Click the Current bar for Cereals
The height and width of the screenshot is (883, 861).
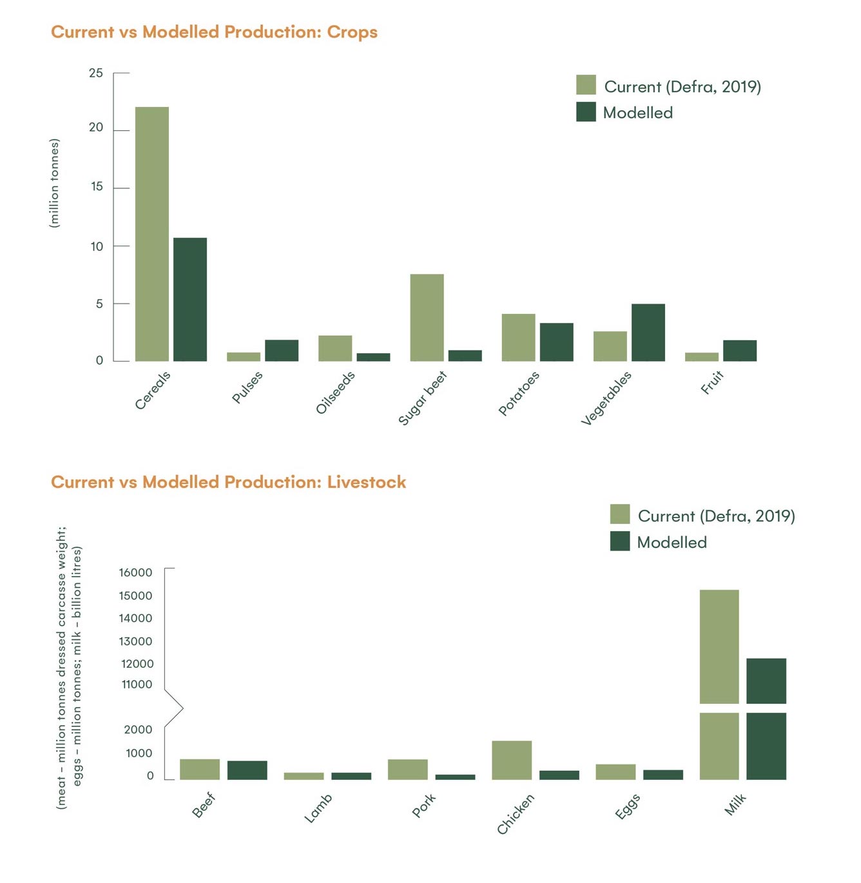pyautogui.click(x=152, y=234)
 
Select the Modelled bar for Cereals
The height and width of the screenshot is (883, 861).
pyautogui.click(x=190, y=300)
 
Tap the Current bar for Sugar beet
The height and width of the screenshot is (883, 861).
pyautogui.click(x=427, y=318)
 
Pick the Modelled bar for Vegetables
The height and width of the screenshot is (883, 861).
pyautogui.click(x=648, y=333)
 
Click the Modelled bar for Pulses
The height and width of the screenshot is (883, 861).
pyautogui.click(x=282, y=351)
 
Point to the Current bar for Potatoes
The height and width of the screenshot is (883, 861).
pyautogui.click(x=518, y=338)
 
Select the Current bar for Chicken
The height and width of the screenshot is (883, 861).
pyautogui.click(x=512, y=761)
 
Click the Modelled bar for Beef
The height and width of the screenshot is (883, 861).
pyautogui.click(x=247, y=770)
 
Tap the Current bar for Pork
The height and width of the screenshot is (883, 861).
pyautogui.click(x=407, y=770)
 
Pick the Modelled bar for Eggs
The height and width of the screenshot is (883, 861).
pyautogui.click(x=663, y=775)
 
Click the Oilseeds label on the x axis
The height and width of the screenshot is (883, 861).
pyautogui.click(x=335, y=393)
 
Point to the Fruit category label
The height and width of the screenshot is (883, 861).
pyautogui.click(x=712, y=382)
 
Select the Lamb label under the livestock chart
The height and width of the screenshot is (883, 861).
pyautogui.click(x=318, y=808)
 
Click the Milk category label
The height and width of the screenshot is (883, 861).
pyautogui.click(x=735, y=804)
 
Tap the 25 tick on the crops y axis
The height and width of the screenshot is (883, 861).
pyautogui.click(x=96, y=73)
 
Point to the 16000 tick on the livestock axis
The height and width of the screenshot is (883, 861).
pyautogui.click(x=135, y=572)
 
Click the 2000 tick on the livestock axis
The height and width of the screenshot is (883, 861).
pyautogui.click(x=138, y=730)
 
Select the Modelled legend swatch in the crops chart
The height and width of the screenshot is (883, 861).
pyautogui.click(x=586, y=112)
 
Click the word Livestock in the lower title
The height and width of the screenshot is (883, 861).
pyautogui.click(x=366, y=482)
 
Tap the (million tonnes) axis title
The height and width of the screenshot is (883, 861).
pyautogui.click(x=55, y=183)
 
